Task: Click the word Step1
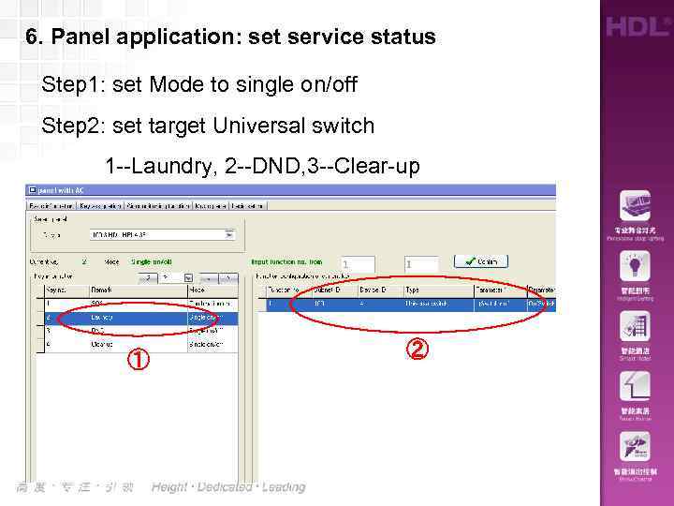74,85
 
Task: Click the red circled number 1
137,359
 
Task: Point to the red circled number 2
418,350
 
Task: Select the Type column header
413,291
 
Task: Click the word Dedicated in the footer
225,487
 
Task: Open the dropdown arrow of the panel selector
228,234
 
